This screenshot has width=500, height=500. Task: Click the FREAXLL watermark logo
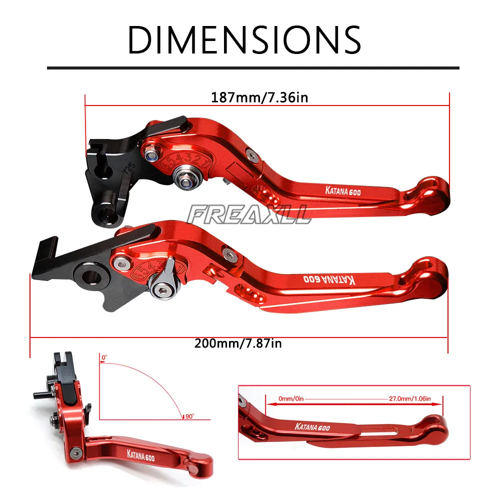pos(248,215)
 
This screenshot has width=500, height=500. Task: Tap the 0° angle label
pos(104,357)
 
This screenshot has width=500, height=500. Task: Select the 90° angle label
pos(188,415)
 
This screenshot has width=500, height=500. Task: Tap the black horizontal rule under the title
pos(253,67)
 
